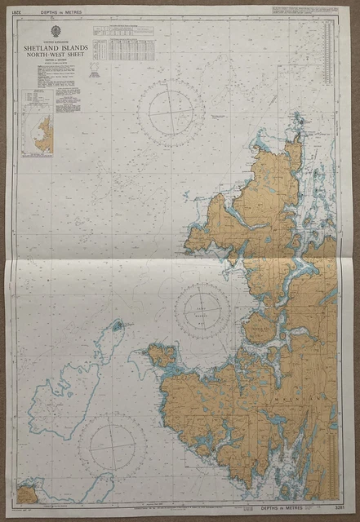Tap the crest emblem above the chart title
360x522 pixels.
(x=56, y=30)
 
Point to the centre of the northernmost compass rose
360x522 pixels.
(x=171, y=114)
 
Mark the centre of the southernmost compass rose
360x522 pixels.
(x=113, y=444)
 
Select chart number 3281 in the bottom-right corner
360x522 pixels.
(x=340, y=511)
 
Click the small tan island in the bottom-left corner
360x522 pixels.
(x=27, y=494)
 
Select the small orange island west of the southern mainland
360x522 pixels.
(x=161, y=356)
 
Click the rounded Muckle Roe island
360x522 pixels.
(x=259, y=326)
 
